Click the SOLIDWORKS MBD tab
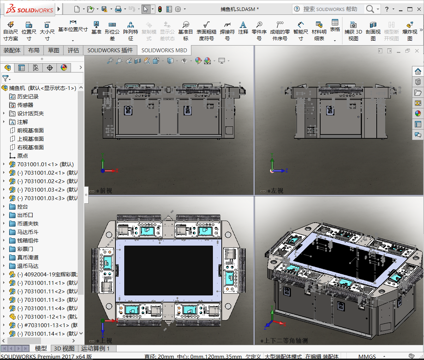click(164, 50)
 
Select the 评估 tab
click(73, 50)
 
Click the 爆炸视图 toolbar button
click(410, 31)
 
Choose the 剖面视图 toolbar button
click(373, 31)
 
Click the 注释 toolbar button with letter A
click(243, 28)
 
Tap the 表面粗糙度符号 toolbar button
click(207, 31)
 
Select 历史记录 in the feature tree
click(28, 96)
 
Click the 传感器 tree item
click(25, 105)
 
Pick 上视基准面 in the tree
click(30, 139)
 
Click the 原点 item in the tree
click(22, 156)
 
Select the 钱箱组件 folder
click(28, 240)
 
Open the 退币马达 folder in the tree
click(28, 266)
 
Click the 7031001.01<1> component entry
click(45, 164)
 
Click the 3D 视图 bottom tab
click(64, 348)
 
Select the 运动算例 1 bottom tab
click(95, 348)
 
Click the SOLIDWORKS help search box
click(330, 9)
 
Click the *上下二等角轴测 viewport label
click(286, 341)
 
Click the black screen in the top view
click(168, 270)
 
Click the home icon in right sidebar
click(418, 72)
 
